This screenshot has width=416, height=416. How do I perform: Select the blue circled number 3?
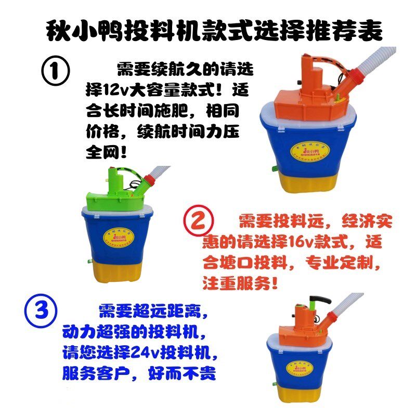tap(40, 311)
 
